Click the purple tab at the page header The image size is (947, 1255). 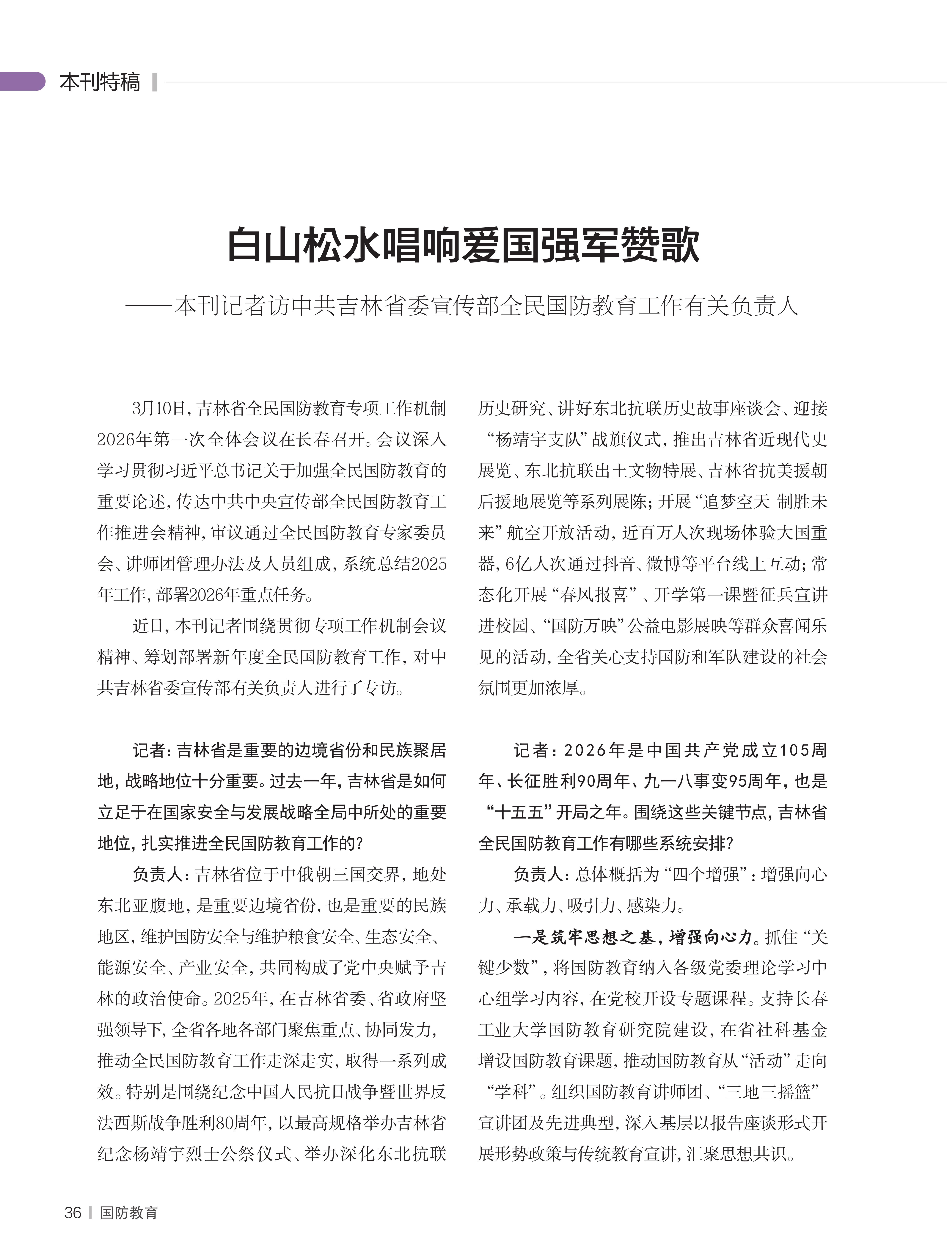pos(23,81)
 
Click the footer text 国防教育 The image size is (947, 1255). pos(129,1213)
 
